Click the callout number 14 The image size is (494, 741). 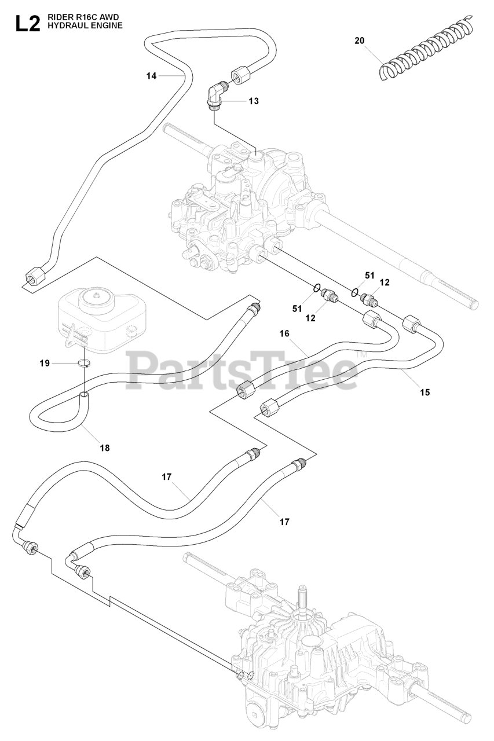[151, 75]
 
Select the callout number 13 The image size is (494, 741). [254, 101]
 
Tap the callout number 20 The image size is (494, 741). [359, 41]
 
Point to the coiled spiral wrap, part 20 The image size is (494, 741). [426, 49]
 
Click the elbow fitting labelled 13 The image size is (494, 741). [217, 93]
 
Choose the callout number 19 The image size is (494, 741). [45, 364]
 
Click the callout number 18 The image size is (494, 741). [105, 447]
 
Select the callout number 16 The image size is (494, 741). [284, 333]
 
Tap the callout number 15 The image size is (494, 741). [425, 392]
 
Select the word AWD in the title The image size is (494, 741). [110, 18]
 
